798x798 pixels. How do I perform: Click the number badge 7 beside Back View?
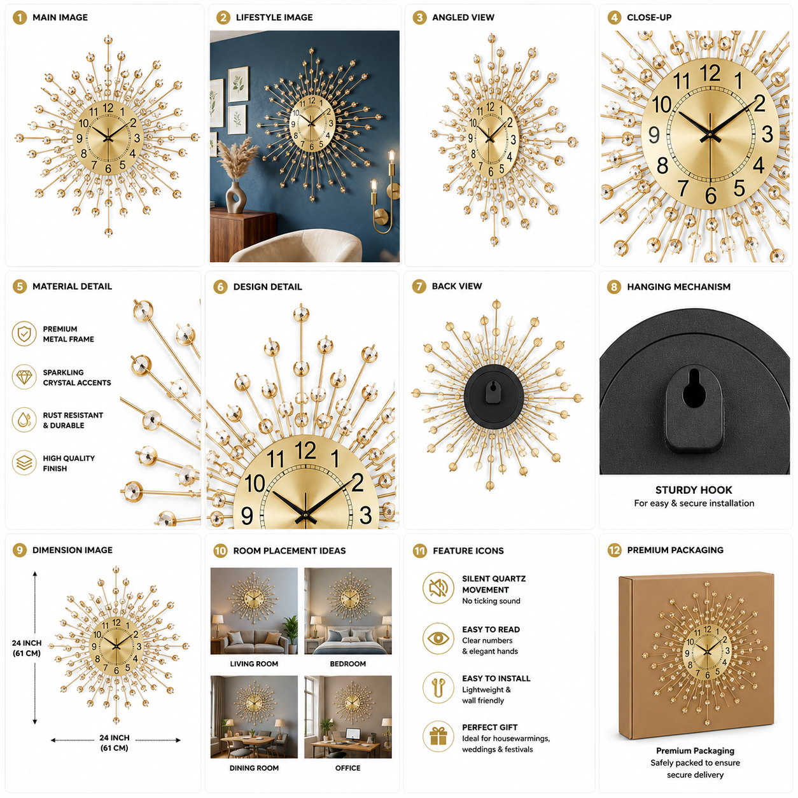[419, 286]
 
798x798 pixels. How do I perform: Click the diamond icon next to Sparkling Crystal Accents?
[24, 377]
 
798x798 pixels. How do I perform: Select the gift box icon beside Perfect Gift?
[438, 736]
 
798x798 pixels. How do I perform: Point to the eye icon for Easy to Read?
[438, 638]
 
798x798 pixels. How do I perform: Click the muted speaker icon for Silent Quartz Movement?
[438, 587]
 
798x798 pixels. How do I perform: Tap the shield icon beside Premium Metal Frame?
[24, 333]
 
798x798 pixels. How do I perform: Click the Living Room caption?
[254, 664]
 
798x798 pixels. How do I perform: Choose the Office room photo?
[348, 717]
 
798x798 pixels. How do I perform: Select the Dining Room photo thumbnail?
[254, 717]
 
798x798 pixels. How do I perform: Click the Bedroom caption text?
[348, 664]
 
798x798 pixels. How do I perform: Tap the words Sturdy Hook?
[694, 490]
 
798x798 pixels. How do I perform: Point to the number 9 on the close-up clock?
[654, 135]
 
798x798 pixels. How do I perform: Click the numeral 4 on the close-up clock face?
[759, 165]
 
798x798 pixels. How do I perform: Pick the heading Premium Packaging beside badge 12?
[675, 550]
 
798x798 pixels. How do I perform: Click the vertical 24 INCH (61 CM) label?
[27, 648]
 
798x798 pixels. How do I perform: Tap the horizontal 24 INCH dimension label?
[115, 743]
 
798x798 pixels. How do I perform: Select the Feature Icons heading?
[468, 550]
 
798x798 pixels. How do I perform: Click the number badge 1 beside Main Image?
[20, 17]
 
